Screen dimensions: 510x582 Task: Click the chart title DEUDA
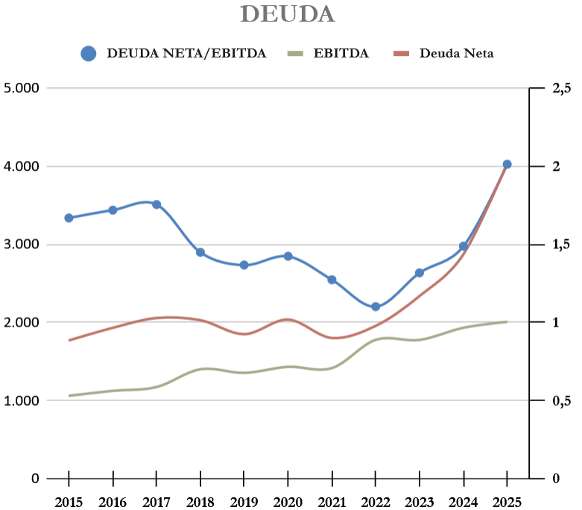pos(288,14)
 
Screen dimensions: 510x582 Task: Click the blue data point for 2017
pos(156,204)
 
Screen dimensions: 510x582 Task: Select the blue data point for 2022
pos(376,306)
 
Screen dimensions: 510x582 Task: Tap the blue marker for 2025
pos(507,164)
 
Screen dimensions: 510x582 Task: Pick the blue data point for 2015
pos(69,218)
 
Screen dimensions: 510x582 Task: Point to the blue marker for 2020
pos(288,256)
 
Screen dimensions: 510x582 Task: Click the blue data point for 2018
pos(200,252)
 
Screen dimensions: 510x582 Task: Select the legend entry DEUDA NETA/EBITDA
pos(186,53)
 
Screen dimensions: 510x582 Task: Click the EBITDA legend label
pos(341,53)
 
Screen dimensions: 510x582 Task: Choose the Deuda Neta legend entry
pos(456,53)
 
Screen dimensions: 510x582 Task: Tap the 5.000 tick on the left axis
pos(22,88)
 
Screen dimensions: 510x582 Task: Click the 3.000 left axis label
pos(22,245)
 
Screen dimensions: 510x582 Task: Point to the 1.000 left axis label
pos(22,400)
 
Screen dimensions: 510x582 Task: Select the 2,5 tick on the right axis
pos(561,88)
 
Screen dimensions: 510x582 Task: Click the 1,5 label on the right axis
pos(561,245)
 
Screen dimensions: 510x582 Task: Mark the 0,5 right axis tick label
pos(561,400)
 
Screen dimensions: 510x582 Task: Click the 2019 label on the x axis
pos(244,500)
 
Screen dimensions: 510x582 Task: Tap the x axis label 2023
pos(420,500)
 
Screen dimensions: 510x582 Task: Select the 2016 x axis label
pos(113,500)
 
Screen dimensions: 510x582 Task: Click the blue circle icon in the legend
pos(89,53)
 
